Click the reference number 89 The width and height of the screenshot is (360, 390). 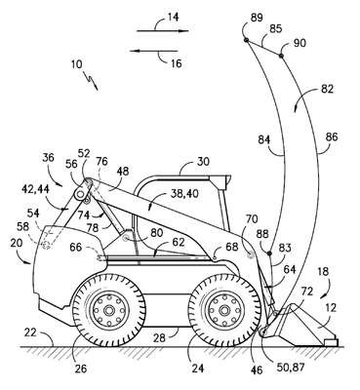(257, 18)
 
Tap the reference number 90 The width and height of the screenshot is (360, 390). (300, 43)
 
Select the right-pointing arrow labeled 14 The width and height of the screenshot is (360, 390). (163, 31)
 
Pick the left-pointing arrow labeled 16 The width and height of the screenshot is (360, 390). (154, 51)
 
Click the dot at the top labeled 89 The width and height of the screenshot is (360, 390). (246, 40)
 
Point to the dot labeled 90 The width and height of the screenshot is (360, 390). (281, 56)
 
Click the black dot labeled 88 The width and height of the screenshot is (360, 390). (269, 253)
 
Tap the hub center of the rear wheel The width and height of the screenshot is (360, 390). (107, 311)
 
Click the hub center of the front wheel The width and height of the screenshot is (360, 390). (223, 310)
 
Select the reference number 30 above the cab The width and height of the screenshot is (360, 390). (203, 162)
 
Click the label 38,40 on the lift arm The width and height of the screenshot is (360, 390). (184, 194)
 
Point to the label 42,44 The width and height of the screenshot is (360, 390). (36, 189)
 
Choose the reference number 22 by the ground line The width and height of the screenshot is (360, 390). (31, 332)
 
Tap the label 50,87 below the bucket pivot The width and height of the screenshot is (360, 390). (291, 368)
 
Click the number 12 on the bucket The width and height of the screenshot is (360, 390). (331, 307)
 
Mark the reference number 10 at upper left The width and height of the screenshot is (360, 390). (76, 64)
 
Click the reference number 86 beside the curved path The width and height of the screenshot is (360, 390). (331, 136)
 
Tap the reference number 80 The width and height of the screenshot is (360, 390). (157, 233)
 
